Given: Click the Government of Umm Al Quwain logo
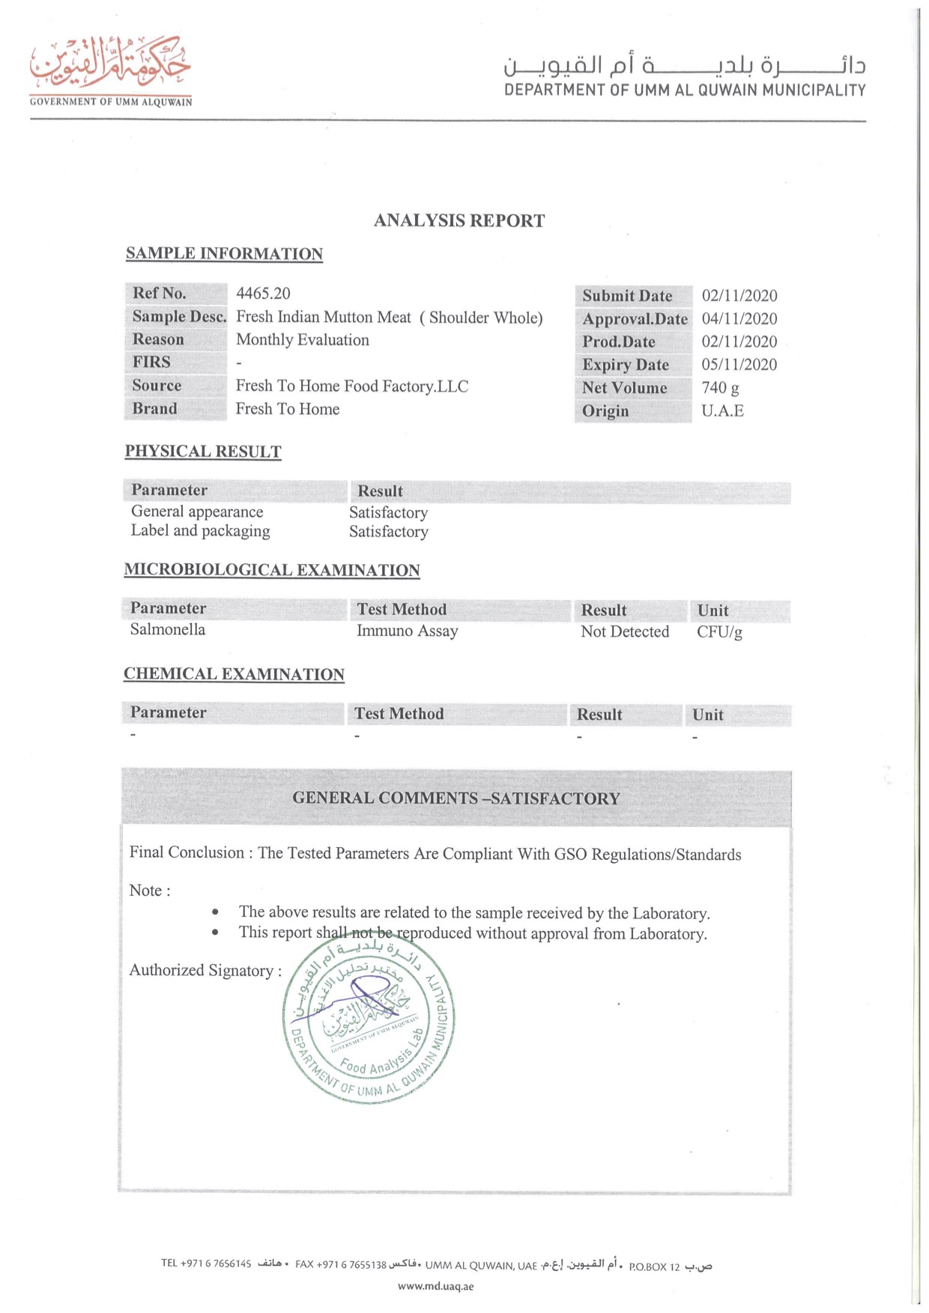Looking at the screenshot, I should click(x=111, y=70).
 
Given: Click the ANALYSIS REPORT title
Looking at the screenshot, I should click(x=459, y=220).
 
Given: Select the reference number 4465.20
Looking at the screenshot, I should click(x=263, y=294).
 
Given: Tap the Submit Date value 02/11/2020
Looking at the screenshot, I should click(x=739, y=296).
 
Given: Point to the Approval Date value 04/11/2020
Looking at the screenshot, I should click(x=739, y=319).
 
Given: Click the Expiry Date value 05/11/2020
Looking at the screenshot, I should click(x=739, y=365).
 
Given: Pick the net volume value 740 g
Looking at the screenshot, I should click(x=720, y=388).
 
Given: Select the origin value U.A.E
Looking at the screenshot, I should click(x=722, y=411).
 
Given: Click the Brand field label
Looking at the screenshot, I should click(x=154, y=409).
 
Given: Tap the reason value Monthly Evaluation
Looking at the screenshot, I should click(x=302, y=340).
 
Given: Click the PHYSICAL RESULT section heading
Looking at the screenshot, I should click(x=202, y=452).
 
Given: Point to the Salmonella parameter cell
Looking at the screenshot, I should click(x=167, y=630).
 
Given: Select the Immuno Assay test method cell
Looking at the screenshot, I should click(x=407, y=631).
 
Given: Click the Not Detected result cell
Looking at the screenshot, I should click(x=624, y=632).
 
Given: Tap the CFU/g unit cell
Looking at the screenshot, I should click(x=719, y=632).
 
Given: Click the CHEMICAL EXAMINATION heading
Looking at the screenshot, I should click(x=234, y=674).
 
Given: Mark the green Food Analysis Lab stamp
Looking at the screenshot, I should click(x=369, y=1020).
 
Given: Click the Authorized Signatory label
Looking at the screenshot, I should click(x=205, y=971).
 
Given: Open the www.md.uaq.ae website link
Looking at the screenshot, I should click(x=435, y=1287).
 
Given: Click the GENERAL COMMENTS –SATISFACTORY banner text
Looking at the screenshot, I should click(x=456, y=798).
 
